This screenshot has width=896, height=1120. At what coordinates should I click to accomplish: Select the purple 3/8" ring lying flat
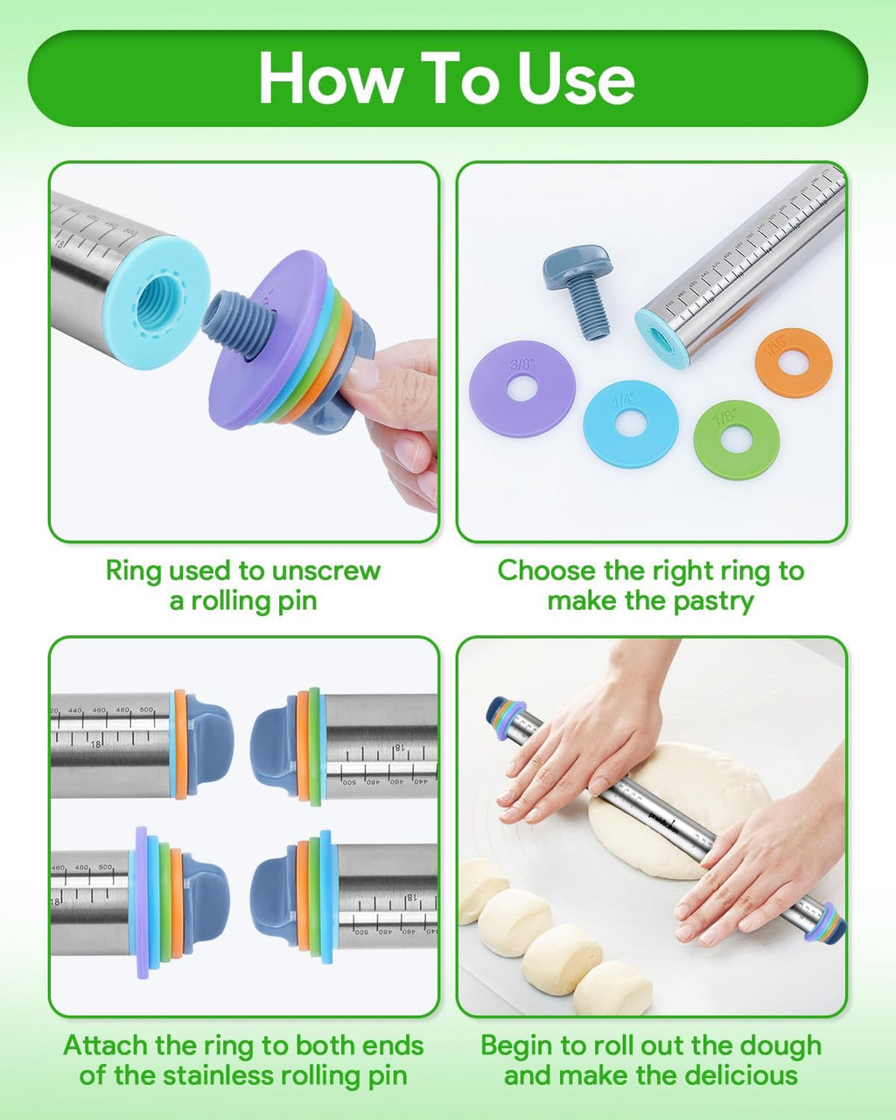point(522,388)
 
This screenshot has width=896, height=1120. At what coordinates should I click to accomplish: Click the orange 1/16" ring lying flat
point(793,362)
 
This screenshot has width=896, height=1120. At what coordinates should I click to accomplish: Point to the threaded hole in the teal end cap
point(156,300)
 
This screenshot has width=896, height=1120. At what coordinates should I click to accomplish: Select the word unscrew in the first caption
point(325,570)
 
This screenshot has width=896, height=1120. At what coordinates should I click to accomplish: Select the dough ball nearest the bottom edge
point(612,987)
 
